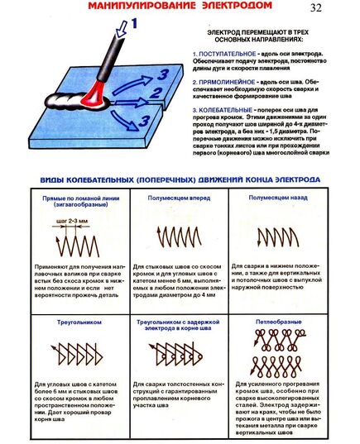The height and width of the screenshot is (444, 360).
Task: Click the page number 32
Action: pyautogui.click(x=316, y=9)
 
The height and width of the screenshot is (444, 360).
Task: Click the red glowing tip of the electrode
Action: pyautogui.click(x=93, y=93)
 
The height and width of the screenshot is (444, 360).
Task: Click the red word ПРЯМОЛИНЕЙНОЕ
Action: pyautogui.click(x=230, y=83)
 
